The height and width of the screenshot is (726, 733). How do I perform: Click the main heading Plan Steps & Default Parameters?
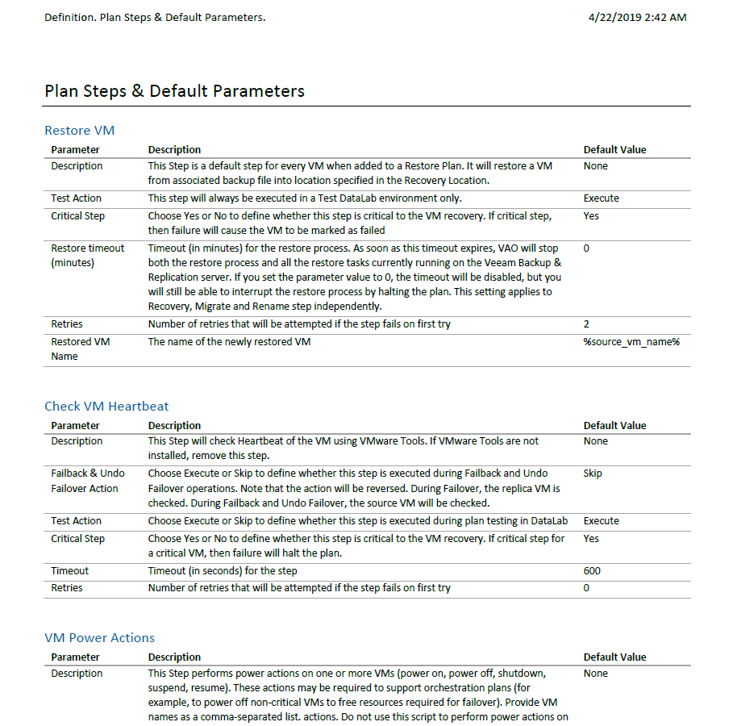click(x=174, y=91)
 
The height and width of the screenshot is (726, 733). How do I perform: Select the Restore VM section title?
click(x=80, y=131)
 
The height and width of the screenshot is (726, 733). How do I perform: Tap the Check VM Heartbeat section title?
click(x=106, y=407)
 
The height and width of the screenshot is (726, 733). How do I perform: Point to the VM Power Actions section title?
click(x=99, y=638)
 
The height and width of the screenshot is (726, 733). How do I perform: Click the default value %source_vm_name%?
click(x=631, y=342)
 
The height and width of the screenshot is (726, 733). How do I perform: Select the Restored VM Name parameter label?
click(x=80, y=348)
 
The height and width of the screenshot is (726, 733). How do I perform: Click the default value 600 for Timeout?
click(x=592, y=571)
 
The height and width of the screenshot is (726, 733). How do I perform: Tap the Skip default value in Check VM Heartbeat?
click(x=592, y=474)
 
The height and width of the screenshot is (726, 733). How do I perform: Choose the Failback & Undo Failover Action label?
click(x=87, y=481)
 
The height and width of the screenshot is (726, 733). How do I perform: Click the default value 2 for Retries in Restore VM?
click(x=586, y=324)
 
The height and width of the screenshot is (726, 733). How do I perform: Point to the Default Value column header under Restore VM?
click(x=614, y=150)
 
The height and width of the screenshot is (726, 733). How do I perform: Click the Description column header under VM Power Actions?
click(x=174, y=657)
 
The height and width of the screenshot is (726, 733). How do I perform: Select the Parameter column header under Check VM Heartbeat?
click(x=75, y=426)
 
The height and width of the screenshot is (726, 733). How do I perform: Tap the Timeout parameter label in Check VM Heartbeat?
click(x=69, y=571)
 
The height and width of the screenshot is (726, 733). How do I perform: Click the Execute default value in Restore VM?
click(x=601, y=198)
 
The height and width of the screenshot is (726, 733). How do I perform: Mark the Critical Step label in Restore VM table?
click(x=77, y=216)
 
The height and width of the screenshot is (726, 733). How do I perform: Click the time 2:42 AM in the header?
click(x=666, y=17)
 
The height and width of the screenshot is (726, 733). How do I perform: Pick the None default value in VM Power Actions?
click(x=595, y=674)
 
